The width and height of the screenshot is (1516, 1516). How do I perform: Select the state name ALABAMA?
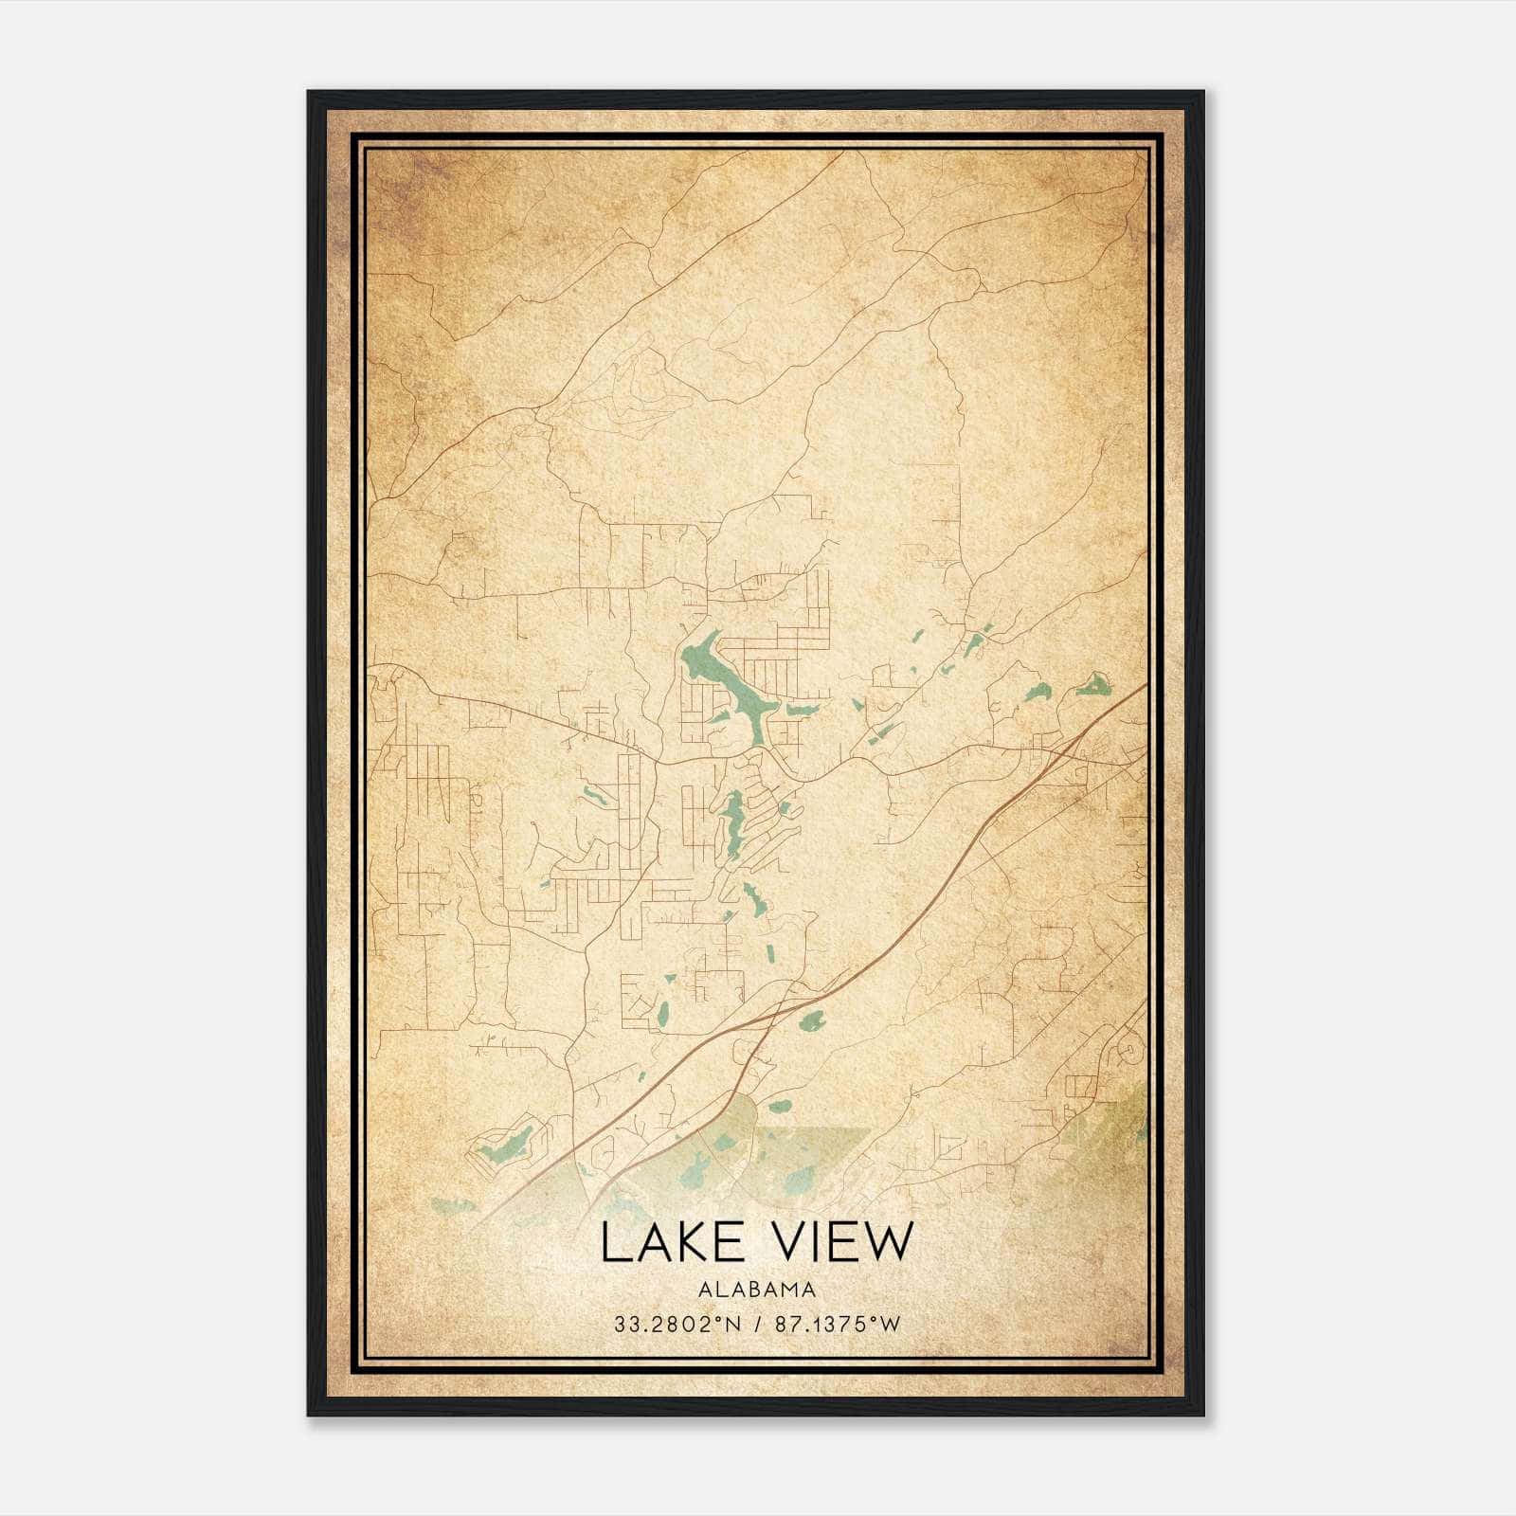pos(757,1289)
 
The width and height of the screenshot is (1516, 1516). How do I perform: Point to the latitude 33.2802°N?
pos(677,1325)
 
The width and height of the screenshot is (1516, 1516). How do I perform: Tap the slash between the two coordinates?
pos(758,1325)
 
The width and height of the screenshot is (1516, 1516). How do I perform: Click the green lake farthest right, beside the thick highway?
pos(1092,684)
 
